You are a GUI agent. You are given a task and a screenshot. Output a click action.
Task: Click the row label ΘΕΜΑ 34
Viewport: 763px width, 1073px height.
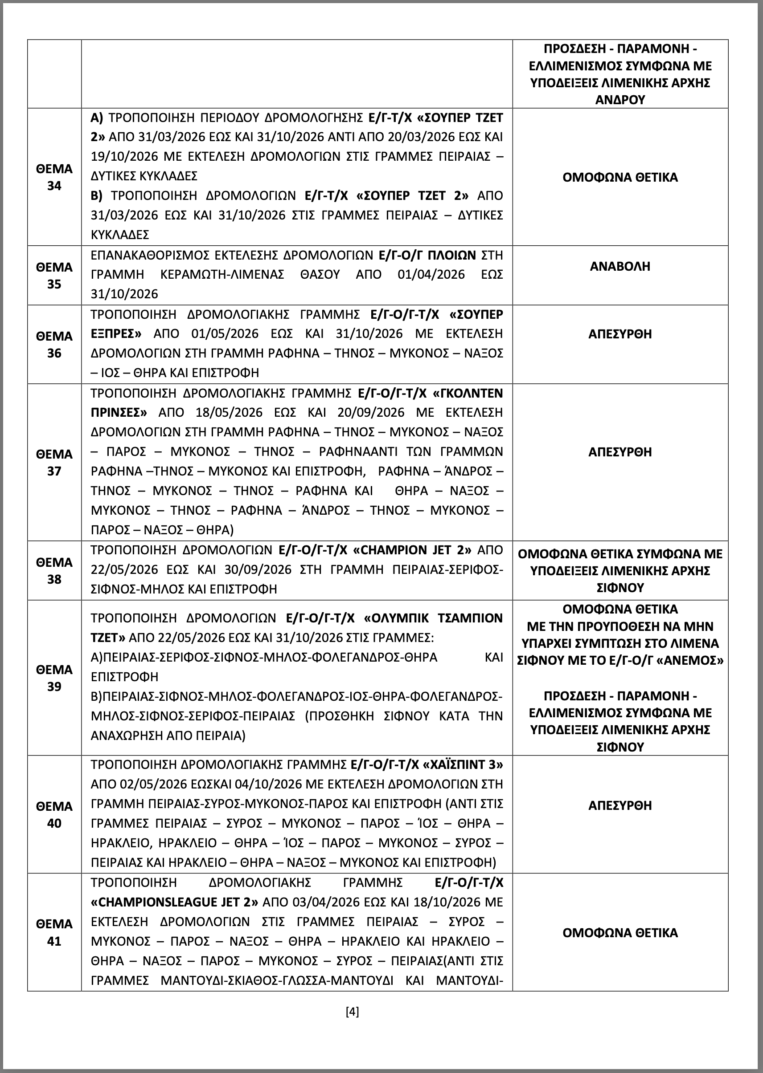[54, 177]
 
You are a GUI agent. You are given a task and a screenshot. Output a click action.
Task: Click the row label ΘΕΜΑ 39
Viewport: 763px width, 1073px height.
[54, 678]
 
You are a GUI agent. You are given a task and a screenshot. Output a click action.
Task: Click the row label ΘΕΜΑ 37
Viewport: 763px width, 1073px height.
[54, 462]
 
